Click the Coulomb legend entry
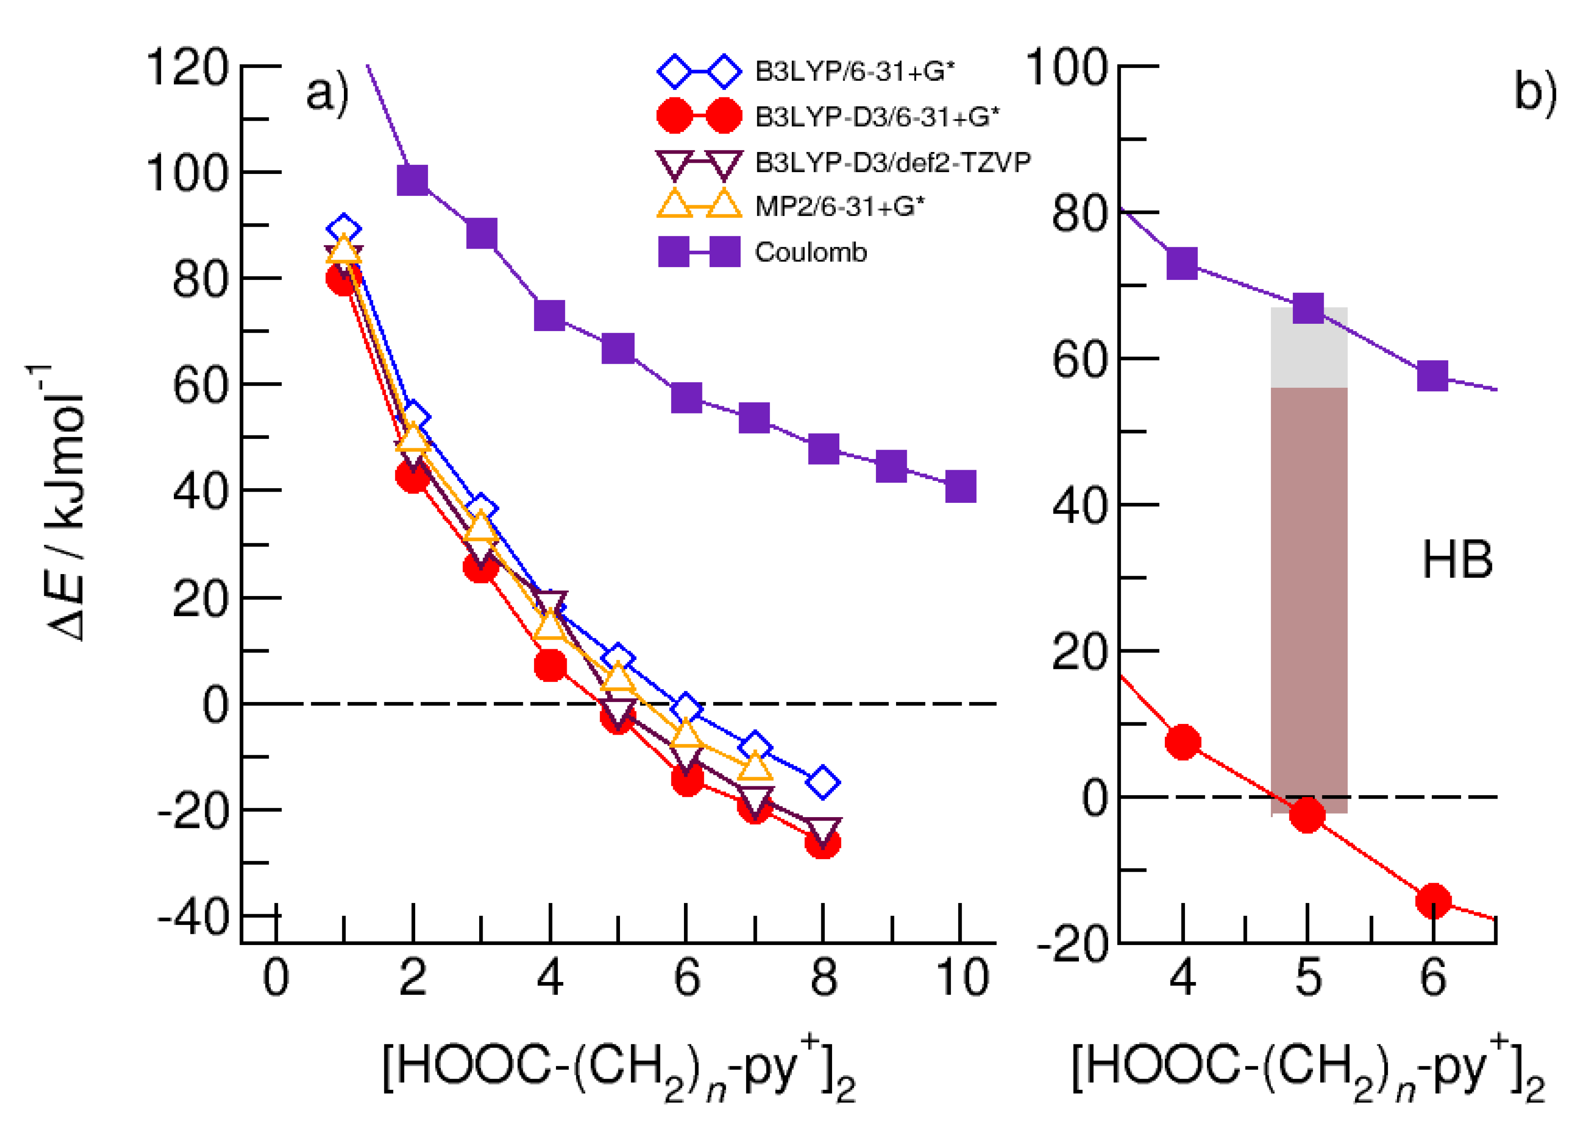[810, 252]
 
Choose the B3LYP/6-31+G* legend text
[854, 72]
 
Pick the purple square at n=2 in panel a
[413, 180]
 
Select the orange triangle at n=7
[754, 766]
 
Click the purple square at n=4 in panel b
[1182, 263]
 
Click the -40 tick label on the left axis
[193, 918]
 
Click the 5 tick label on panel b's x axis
[1308, 977]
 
